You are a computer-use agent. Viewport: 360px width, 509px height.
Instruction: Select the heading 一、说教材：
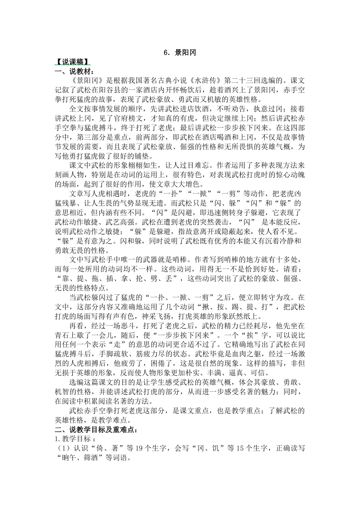pos(74,71)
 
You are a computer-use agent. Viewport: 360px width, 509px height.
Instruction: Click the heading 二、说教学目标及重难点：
pos(97,430)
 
